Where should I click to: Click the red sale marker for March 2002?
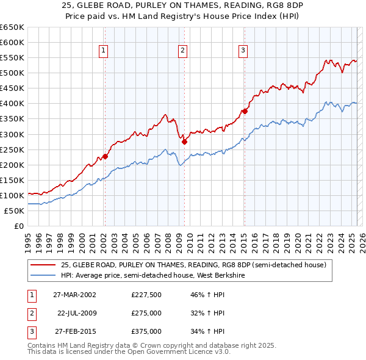coord(105,156)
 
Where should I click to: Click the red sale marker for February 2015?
coord(244,111)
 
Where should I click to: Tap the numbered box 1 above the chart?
coord(104,51)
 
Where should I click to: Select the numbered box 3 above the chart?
coord(243,51)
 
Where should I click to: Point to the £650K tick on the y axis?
coord(12,27)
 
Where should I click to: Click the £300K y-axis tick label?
coord(12,134)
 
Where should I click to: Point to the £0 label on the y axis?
coord(19,226)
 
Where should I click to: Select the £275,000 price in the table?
coord(146,313)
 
